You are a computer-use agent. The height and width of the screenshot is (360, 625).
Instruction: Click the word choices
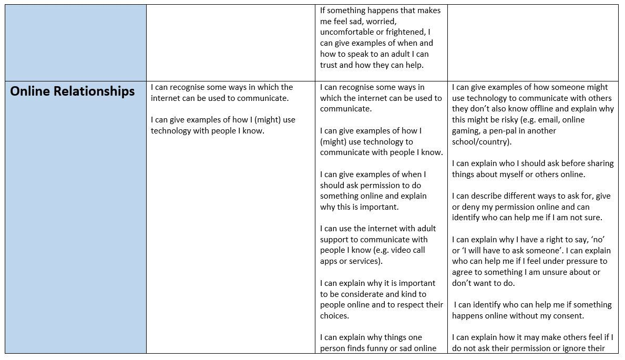334,316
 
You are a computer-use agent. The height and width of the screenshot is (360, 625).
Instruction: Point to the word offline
544,109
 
